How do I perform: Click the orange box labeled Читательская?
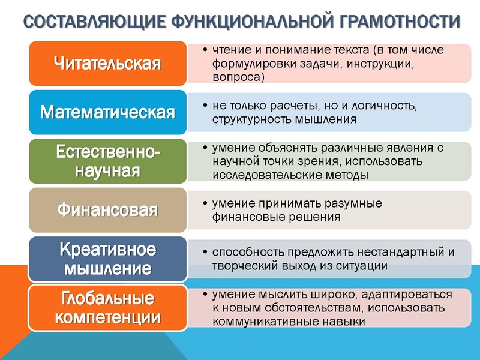(x=107, y=63)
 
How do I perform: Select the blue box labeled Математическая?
(x=107, y=112)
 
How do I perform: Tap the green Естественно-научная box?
(x=107, y=161)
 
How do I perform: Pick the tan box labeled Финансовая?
(x=107, y=210)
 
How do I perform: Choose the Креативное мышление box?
(x=107, y=259)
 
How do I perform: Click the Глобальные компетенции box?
(x=107, y=308)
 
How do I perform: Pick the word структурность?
(x=251, y=119)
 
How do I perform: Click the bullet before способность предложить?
(x=206, y=252)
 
